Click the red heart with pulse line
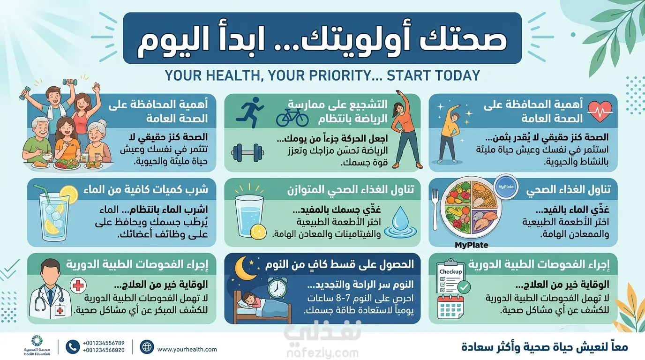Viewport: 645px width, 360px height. tap(600, 111)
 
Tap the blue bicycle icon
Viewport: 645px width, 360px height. tap(292, 118)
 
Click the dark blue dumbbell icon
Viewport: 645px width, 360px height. tap(247, 153)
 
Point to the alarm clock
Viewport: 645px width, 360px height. tap(277, 288)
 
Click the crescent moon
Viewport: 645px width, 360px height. tap(245, 268)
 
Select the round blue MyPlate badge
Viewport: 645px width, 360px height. tap(506, 187)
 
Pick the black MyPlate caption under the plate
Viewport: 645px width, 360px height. tap(472, 245)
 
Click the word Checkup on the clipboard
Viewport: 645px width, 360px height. tap(450, 271)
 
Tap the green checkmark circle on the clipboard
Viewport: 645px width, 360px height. tap(464, 287)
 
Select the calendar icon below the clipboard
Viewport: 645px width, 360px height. tap(450, 307)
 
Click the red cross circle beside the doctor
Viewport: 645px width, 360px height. tap(78, 285)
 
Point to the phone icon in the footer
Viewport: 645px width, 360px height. tap(73, 347)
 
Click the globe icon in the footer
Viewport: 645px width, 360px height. tap(147, 347)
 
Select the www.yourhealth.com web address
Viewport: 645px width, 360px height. tap(187, 349)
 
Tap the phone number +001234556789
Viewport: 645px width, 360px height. tap(104, 343)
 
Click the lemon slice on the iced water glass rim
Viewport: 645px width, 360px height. tap(69, 195)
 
